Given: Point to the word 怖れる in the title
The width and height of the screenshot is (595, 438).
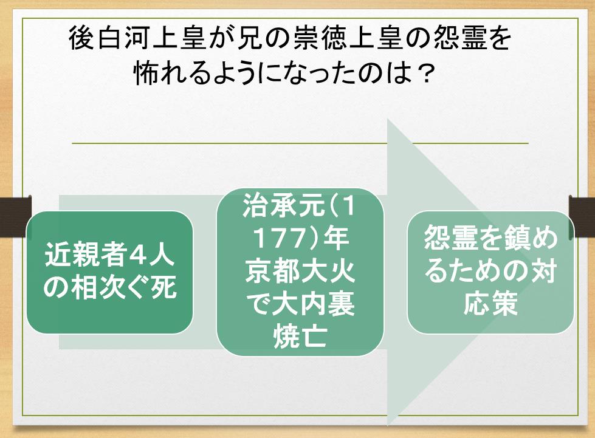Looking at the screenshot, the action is (x=171, y=75).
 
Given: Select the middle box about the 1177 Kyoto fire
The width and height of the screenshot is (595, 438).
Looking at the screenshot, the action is (x=300, y=275).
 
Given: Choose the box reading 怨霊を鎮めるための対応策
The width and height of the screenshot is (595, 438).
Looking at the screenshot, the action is (x=490, y=273).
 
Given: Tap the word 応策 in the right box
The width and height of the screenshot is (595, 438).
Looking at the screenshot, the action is (x=490, y=305).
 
